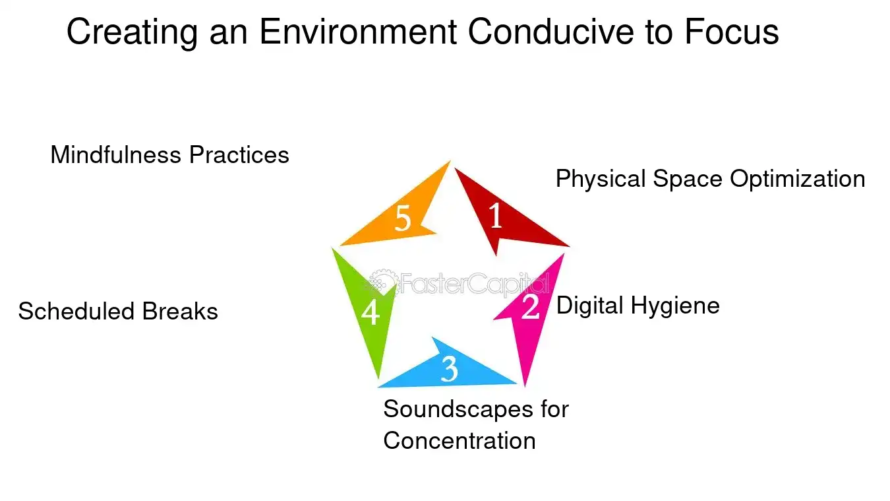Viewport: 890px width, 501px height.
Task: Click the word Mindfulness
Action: pos(116,155)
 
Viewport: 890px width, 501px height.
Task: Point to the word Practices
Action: pos(239,155)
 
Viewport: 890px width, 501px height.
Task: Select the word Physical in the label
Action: pos(601,180)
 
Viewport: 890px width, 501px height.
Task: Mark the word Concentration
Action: pos(460,441)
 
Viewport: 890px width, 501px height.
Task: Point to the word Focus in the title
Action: pos(731,32)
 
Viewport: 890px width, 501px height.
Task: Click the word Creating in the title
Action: pos(132,32)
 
